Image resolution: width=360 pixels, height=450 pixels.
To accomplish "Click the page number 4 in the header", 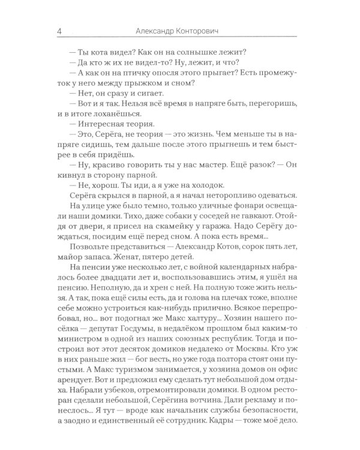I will pos(56,31).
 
